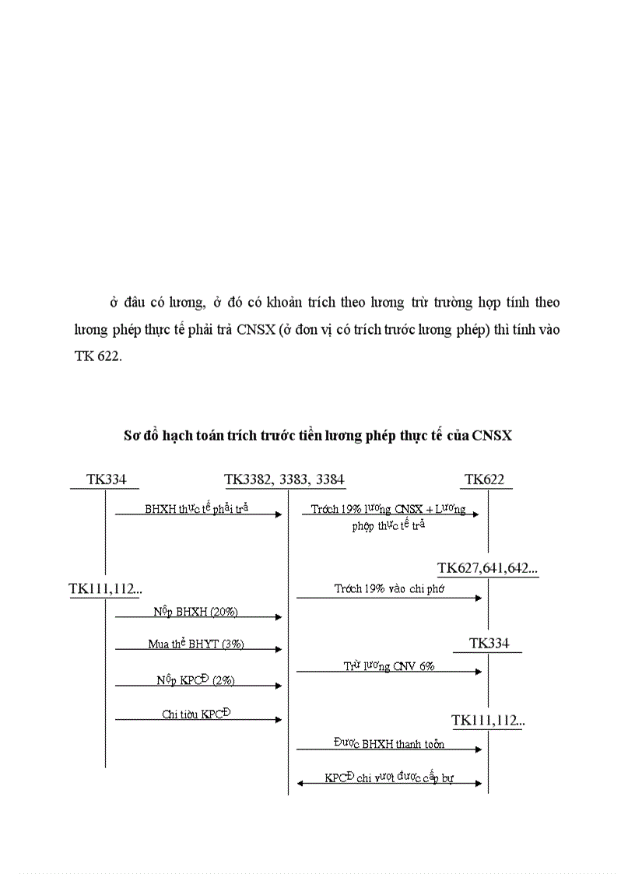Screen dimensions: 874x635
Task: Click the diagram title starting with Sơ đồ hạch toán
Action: (x=317, y=436)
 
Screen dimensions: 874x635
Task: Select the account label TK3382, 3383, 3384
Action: (x=284, y=479)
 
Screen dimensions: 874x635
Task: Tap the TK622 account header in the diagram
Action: (x=484, y=479)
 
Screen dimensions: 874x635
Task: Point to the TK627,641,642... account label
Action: (x=488, y=569)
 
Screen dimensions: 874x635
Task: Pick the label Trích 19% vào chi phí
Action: (x=389, y=589)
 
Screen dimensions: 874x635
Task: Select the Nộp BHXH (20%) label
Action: (x=195, y=612)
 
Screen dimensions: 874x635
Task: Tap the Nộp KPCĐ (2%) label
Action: (x=195, y=679)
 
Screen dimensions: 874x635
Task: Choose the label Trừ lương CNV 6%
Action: (x=389, y=666)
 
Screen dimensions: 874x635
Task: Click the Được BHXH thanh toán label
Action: (x=389, y=744)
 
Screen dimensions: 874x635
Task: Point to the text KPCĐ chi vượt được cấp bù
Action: (x=389, y=777)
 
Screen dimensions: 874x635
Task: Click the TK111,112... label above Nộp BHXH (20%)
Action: (x=105, y=589)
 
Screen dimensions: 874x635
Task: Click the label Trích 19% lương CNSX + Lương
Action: (x=388, y=509)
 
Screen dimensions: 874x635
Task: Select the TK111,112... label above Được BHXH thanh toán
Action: (x=488, y=721)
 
